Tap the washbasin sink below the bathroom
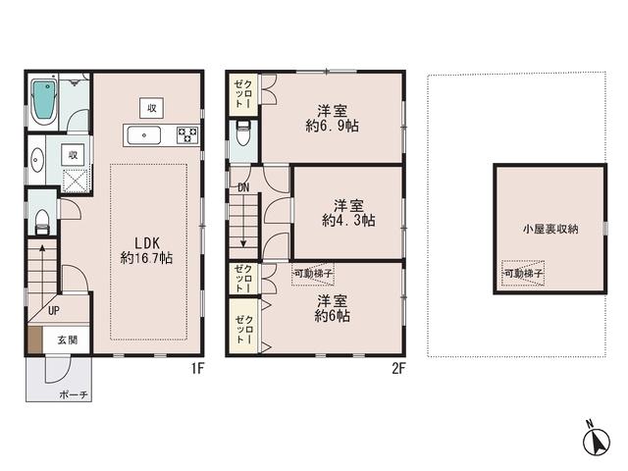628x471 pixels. pyautogui.click(x=37, y=159)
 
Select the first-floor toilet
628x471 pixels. pyautogui.click(x=40, y=221)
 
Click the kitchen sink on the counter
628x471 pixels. pyautogui.click(x=148, y=134)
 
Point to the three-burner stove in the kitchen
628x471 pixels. pyautogui.click(x=186, y=134)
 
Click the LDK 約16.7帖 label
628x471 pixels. pyautogui.click(x=147, y=250)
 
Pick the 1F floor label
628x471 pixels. pyautogui.click(x=197, y=369)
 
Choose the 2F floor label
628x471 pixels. pyautogui.click(x=398, y=369)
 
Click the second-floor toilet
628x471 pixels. pyautogui.click(x=242, y=136)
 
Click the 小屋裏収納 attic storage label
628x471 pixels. pyautogui.click(x=549, y=229)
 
